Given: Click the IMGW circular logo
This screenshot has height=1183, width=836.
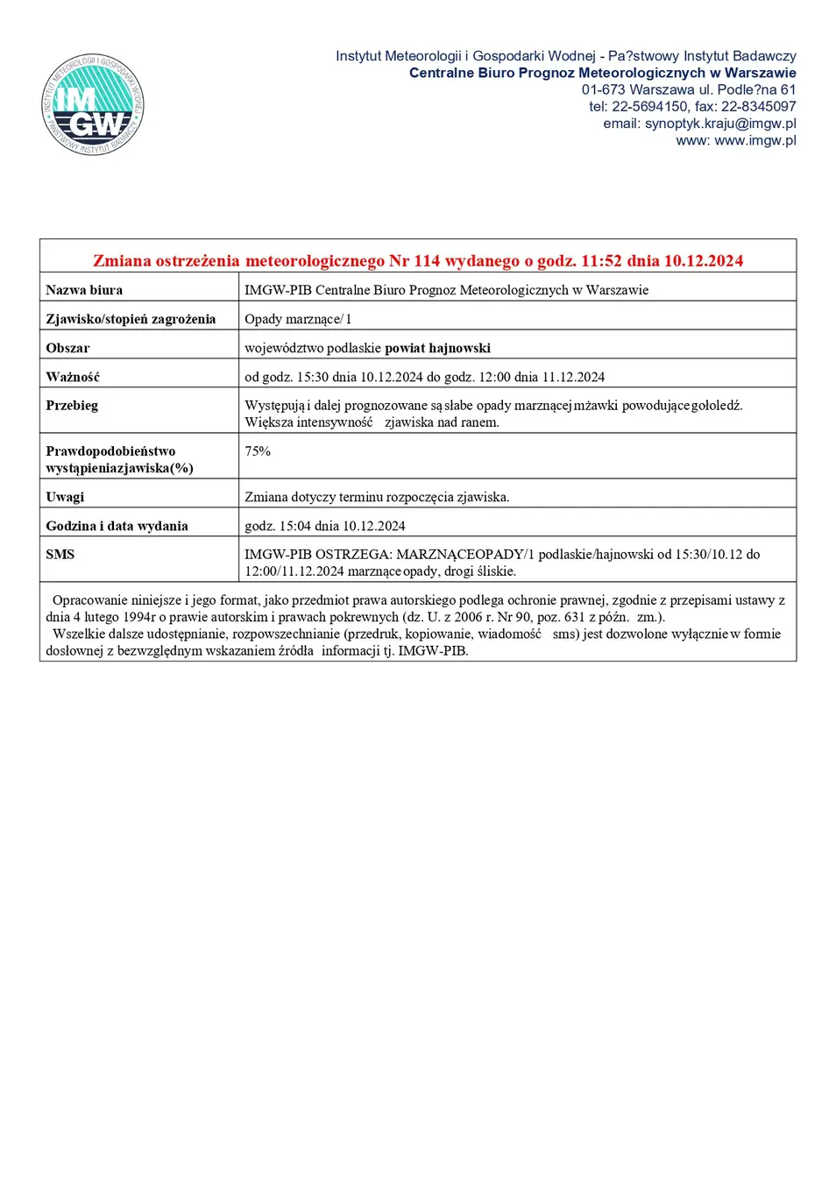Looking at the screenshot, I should pos(92,105).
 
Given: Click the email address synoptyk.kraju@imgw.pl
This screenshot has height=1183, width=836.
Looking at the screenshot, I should pos(720,124).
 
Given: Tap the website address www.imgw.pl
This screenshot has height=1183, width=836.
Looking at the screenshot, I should pos(755,140).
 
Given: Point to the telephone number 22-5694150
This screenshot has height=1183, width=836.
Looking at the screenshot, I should pos(649,107).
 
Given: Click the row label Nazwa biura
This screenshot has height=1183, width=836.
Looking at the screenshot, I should pos(84,290).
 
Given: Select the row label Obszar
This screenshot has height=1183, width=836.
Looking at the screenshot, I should pos(67,348).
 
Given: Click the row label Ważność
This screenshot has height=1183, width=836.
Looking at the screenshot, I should pos(73,377).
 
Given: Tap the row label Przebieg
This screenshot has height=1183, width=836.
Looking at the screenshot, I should pos(72,406).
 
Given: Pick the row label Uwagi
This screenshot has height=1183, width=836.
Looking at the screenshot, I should pos(65,497).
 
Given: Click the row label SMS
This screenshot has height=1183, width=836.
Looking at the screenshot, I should pos(60,555).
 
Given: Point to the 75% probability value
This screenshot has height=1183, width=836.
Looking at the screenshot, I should pos(258,451).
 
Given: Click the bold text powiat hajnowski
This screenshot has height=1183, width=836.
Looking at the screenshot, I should pos(437,348).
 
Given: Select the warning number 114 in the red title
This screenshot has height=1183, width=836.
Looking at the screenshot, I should pos(427,261).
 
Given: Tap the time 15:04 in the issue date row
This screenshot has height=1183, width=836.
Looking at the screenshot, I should pos(294,526).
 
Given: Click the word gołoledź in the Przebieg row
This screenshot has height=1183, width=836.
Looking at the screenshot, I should pos(717,406).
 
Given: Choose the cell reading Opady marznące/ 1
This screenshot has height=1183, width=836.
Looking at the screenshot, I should pos(297,319).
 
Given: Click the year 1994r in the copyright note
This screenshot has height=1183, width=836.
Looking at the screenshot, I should pos(138,617).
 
